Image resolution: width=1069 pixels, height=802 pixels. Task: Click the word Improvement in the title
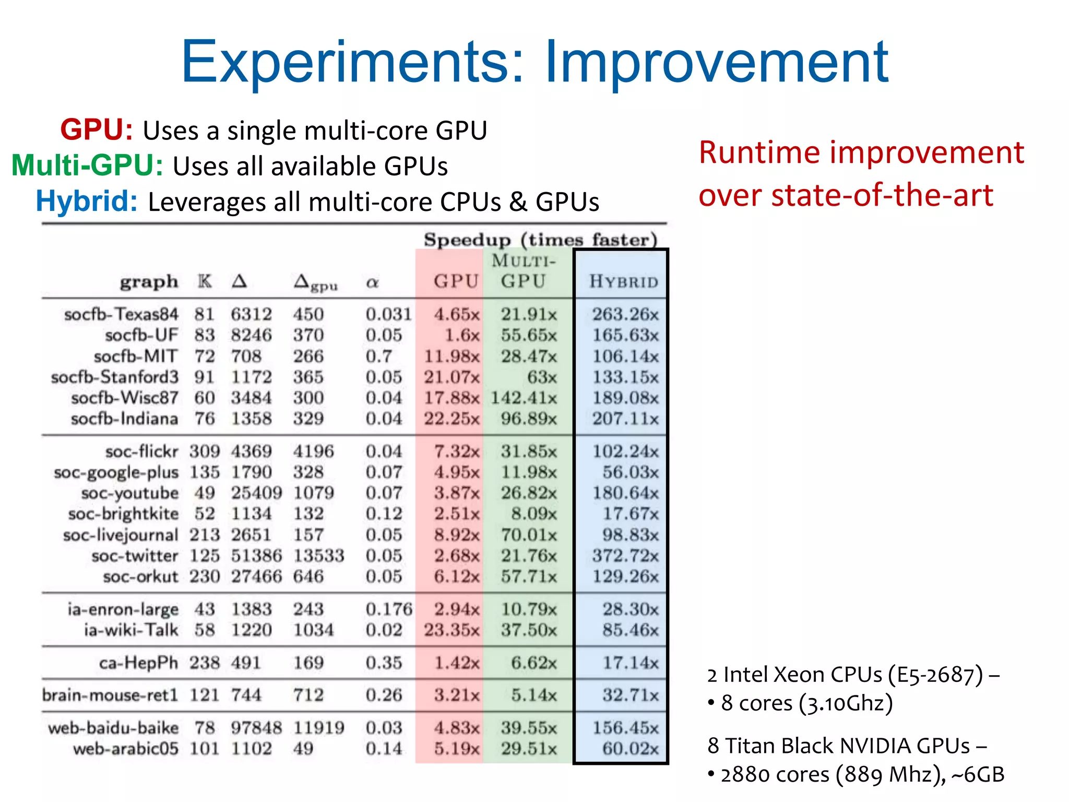click(x=716, y=63)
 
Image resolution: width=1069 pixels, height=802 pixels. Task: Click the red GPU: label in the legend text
click(x=97, y=129)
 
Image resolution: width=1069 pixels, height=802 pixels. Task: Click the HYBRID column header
click(x=623, y=281)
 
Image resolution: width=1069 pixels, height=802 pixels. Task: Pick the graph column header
click(x=149, y=282)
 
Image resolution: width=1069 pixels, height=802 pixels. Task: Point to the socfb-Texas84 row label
click(x=121, y=314)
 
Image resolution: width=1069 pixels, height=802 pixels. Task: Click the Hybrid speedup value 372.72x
click(x=625, y=556)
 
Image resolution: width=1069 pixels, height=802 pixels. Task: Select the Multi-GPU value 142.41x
click(x=524, y=398)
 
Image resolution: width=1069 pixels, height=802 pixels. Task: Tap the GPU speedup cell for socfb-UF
click(x=461, y=335)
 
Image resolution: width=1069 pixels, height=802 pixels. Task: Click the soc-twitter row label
click(x=135, y=556)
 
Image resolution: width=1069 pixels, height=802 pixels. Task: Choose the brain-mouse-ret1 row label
click(x=110, y=695)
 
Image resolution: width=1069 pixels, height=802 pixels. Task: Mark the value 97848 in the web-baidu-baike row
click(x=256, y=727)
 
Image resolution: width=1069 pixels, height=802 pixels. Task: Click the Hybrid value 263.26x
click(x=625, y=314)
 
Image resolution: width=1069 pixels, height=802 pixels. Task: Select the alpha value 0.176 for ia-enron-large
click(x=389, y=609)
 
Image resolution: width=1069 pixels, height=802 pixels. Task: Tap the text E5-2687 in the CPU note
click(x=936, y=675)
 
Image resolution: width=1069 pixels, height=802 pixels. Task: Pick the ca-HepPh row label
click(x=138, y=663)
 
